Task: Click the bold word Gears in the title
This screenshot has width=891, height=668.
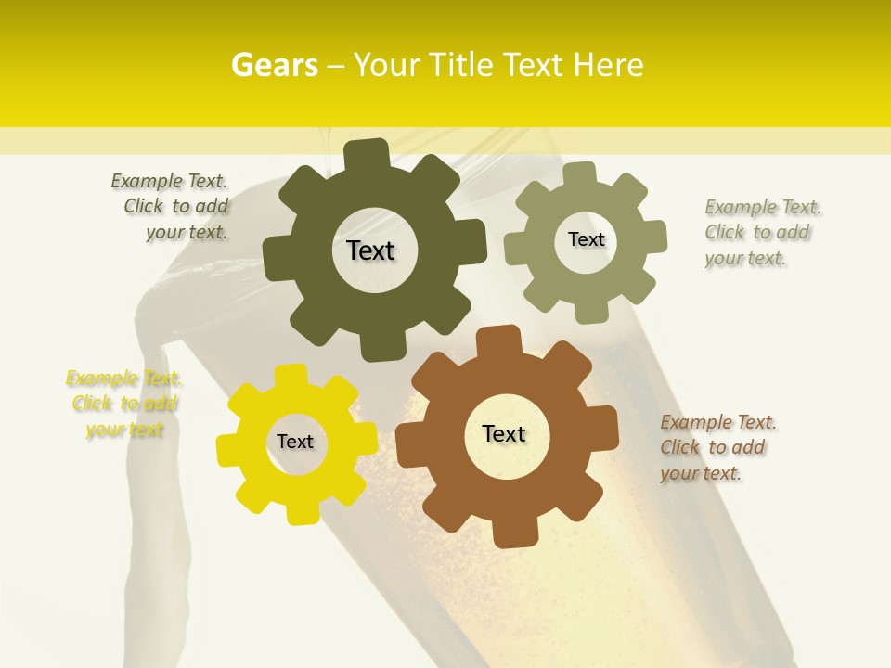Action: [274, 65]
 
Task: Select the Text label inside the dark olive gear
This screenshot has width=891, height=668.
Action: [370, 250]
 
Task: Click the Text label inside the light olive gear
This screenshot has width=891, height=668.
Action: [586, 239]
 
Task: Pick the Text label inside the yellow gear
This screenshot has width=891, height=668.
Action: [295, 442]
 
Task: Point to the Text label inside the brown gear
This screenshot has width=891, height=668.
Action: [504, 433]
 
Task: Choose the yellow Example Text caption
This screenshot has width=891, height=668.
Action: [124, 404]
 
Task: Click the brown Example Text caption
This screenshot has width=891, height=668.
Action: [717, 447]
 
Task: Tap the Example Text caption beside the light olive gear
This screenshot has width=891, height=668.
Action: [763, 232]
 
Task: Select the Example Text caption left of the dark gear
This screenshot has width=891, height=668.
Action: [170, 206]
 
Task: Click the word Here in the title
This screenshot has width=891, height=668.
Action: [609, 65]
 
